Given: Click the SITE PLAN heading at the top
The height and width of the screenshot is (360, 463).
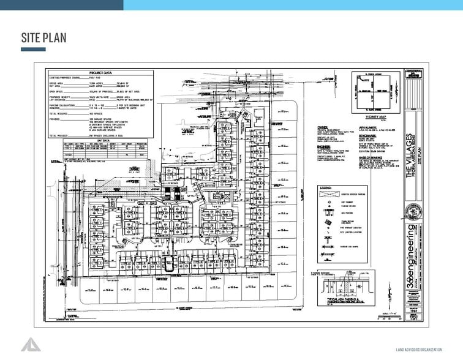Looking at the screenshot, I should tap(43, 37).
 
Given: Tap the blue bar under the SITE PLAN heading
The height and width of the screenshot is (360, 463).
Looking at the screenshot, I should tap(33, 50).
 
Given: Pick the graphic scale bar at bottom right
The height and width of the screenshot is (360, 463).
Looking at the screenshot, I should tap(386, 313).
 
